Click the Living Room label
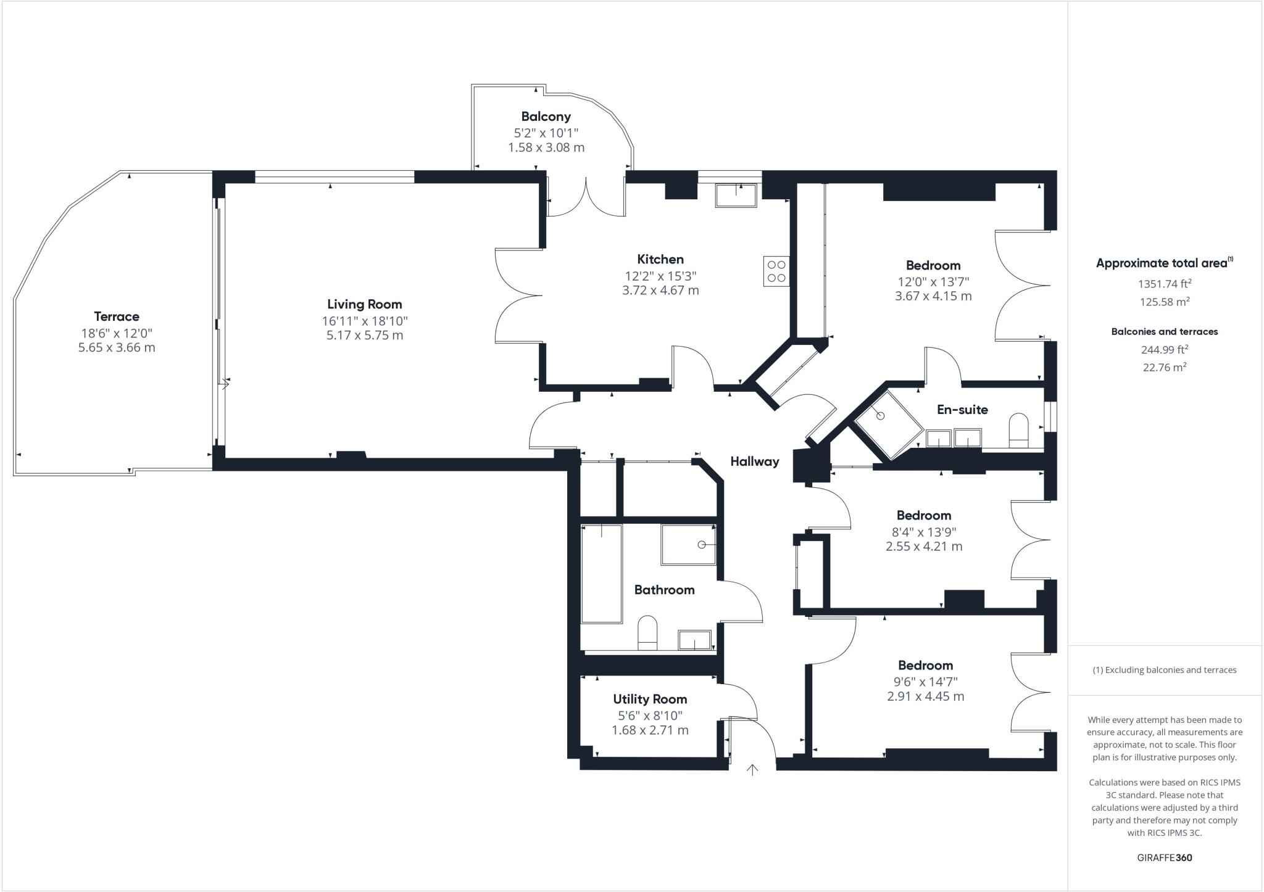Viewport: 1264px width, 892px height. [364, 304]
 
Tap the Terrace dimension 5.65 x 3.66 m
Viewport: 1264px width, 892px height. [117, 347]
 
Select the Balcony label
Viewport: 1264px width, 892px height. [546, 117]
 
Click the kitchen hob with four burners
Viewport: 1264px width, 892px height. [776, 271]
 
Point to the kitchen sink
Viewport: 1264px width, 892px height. [736, 196]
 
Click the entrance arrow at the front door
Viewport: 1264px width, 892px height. [752, 769]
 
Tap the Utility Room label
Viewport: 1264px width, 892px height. [649, 699]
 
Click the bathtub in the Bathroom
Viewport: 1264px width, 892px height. [601, 573]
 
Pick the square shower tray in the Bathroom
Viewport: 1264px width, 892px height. [688, 545]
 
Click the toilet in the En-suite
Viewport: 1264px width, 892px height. [1018, 430]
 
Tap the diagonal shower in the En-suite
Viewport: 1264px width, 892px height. [889, 425]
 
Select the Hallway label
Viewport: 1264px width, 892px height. [754, 461]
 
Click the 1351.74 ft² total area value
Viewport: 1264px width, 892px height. [1164, 284]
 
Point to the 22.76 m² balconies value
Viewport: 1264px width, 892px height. [1164, 367]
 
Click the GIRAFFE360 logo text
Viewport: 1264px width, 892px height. [1164, 857]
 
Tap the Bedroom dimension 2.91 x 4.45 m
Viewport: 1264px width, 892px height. [925, 696]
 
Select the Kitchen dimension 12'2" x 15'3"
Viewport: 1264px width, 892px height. [660, 276]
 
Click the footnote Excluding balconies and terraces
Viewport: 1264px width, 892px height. [1164, 670]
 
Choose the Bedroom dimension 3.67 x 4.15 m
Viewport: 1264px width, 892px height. [933, 296]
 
